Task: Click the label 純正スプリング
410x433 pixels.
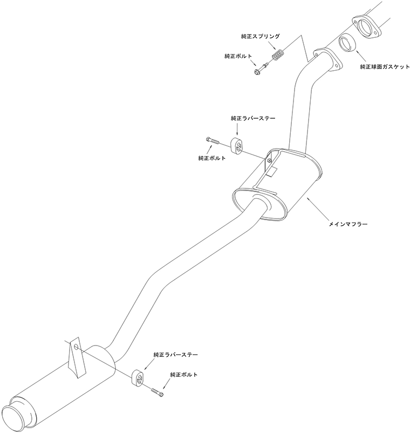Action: (260, 37)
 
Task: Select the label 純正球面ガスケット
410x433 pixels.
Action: (385, 66)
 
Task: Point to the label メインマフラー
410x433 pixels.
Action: (348, 224)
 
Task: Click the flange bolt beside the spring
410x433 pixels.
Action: (261, 69)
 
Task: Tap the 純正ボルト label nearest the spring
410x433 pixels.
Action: (238, 56)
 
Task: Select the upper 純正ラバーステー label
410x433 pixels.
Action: (253, 118)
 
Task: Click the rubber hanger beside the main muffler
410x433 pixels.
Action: (236, 145)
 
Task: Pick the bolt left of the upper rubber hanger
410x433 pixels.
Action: (213, 140)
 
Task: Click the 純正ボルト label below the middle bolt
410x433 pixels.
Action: (212, 158)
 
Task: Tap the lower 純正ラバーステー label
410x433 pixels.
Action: (176, 355)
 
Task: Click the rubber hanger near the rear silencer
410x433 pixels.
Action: (138, 377)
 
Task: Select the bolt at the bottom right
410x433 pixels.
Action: (157, 392)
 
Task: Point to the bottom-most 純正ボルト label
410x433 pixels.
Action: (184, 375)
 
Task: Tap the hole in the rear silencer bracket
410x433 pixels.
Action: (76, 346)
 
